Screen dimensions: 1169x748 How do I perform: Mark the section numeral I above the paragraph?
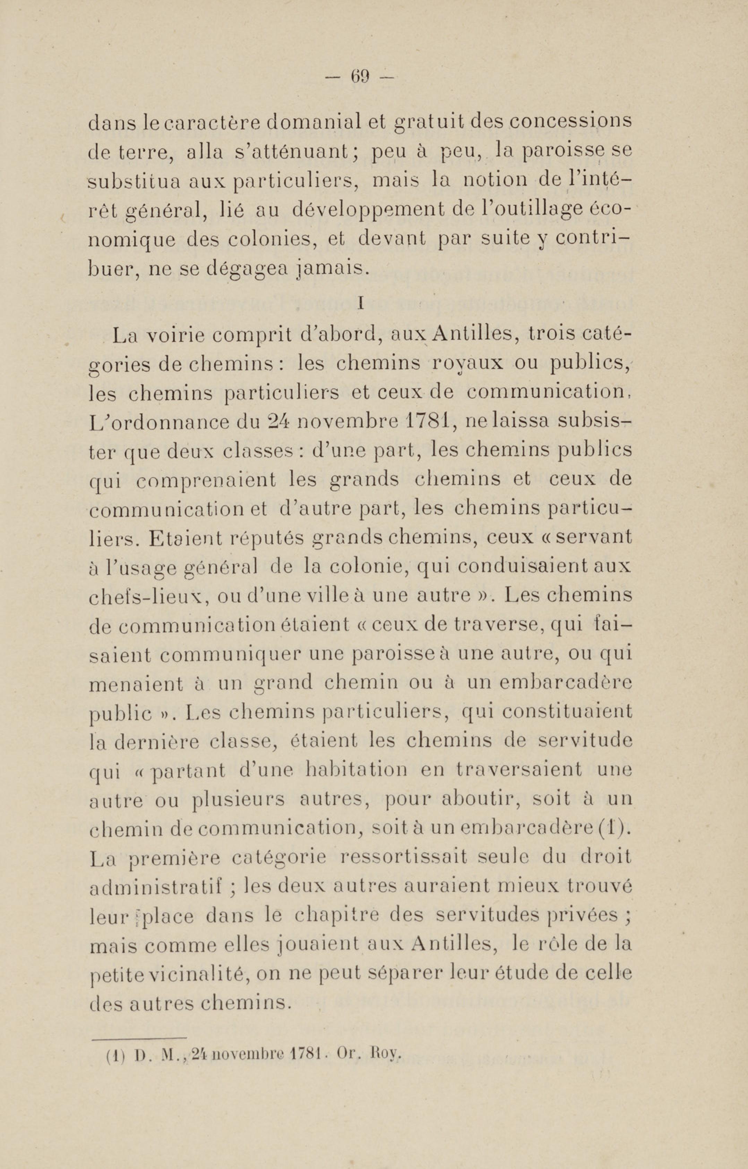coord(360,303)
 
